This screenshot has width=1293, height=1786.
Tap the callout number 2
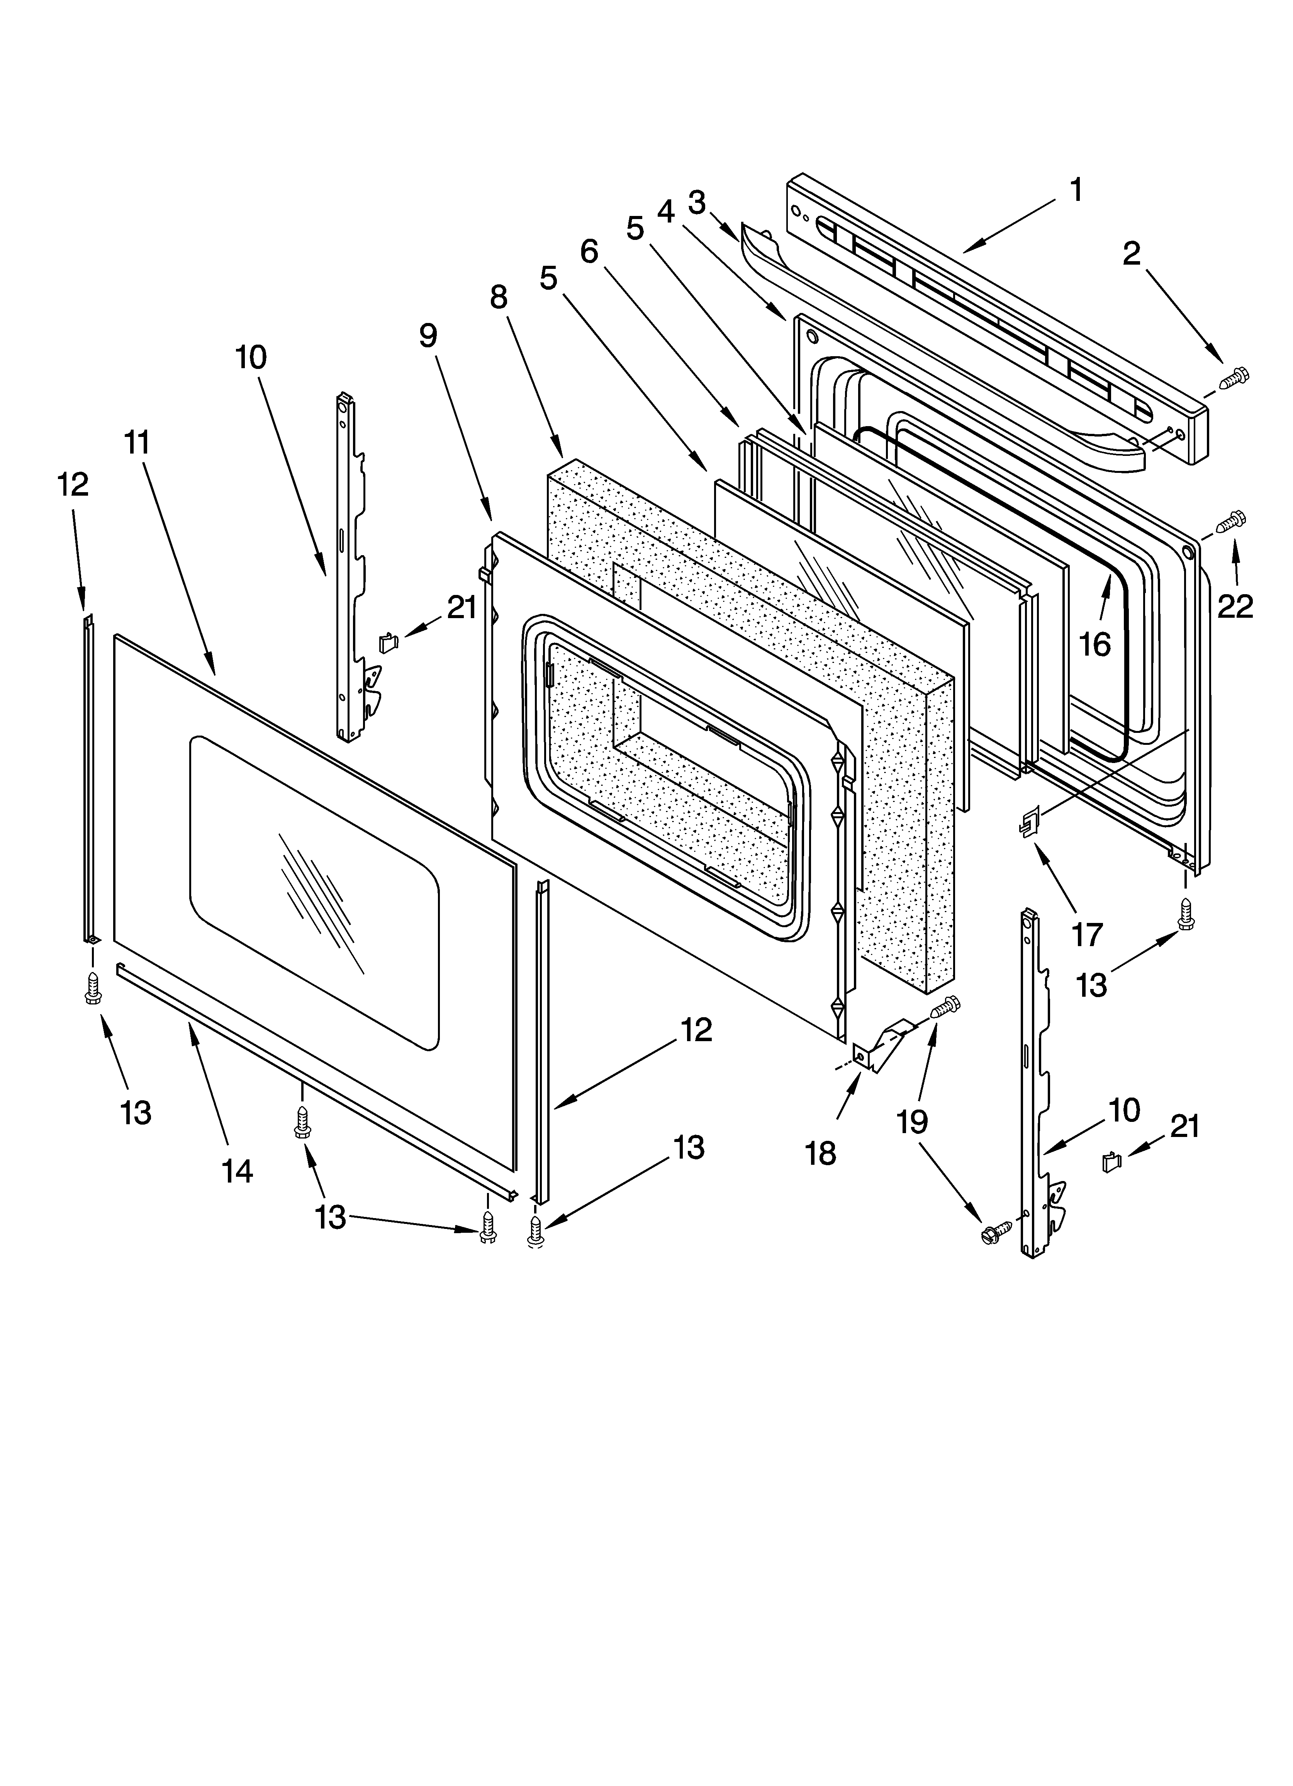(1132, 253)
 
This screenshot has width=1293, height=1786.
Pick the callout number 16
(1094, 644)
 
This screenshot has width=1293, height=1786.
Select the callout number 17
(1088, 935)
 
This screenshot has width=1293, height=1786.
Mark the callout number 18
(821, 1154)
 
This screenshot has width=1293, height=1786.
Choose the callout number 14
(237, 1171)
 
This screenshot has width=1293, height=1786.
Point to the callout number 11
(137, 443)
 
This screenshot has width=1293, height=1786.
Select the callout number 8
(499, 297)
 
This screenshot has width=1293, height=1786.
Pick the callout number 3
(696, 202)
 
